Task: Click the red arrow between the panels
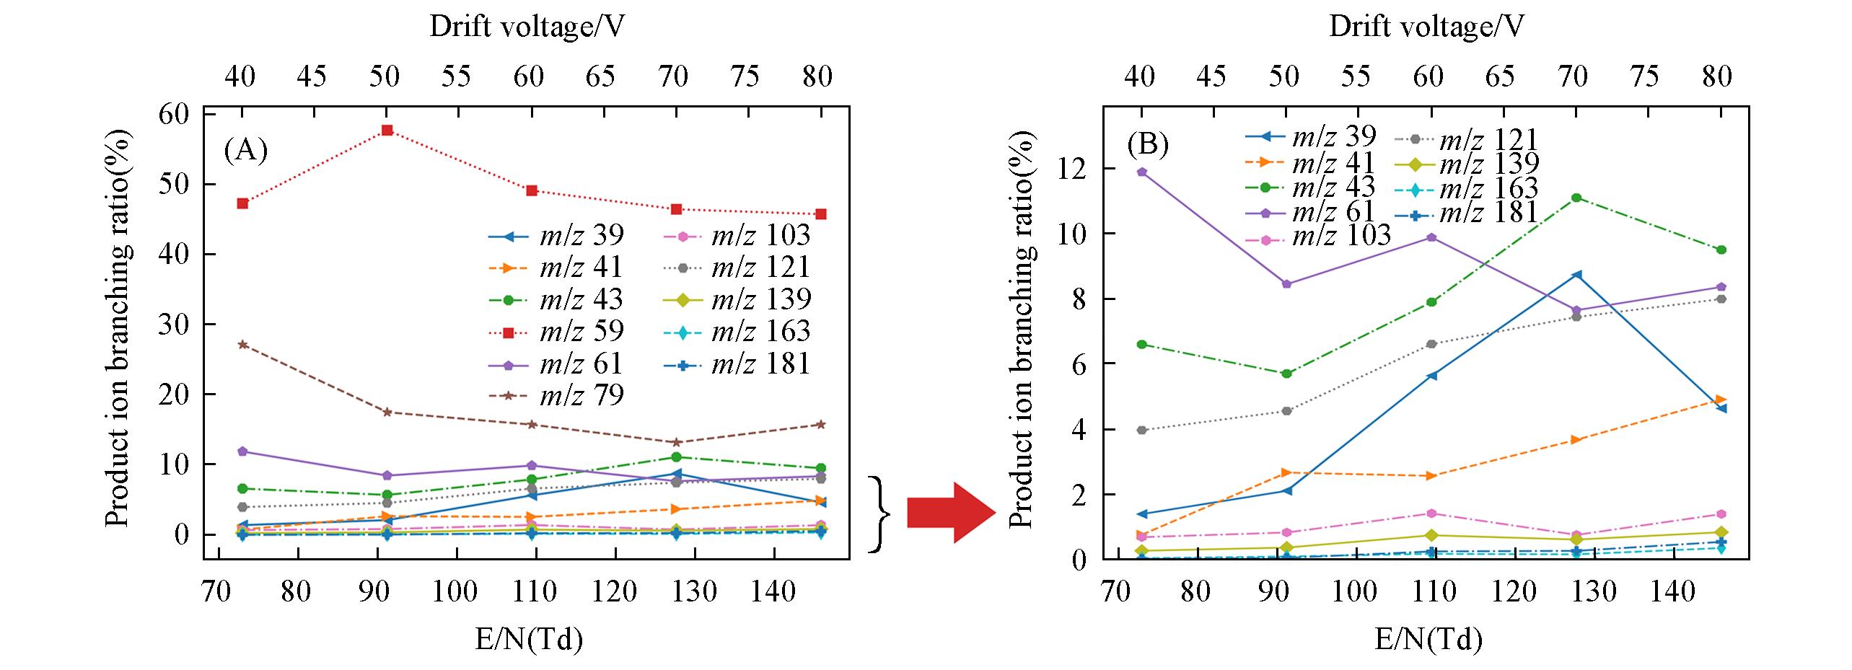(x=950, y=513)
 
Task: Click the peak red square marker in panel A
(x=387, y=131)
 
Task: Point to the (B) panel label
(x=1147, y=145)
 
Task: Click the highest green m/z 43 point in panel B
(x=1576, y=198)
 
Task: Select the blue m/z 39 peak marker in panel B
(x=1576, y=275)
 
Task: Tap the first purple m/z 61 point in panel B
(x=1141, y=172)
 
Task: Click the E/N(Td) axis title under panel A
(x=528, y=639)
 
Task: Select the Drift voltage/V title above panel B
(x=1426, y=27)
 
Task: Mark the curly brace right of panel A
(x=879, y=514)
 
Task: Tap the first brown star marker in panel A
(x=243, y=345)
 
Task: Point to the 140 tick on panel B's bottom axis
(x=1673, y=592)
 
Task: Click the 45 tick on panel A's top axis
(x=312, y=76)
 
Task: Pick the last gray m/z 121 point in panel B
(x=1721, y=299)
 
